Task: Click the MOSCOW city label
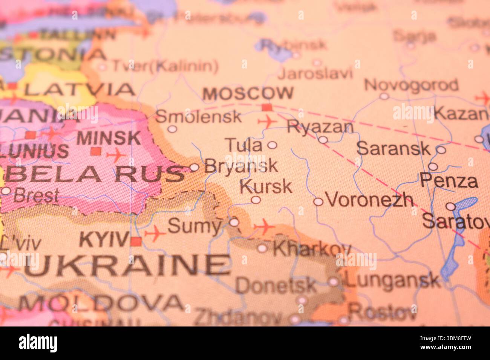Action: [248, 93]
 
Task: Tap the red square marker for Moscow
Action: [267, 107]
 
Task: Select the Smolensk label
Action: [199, 117]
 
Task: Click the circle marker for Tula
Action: [272, 145]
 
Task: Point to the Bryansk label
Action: [241, 166]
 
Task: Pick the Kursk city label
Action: [266, 186]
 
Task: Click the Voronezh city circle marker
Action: [318, 202]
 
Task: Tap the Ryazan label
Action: [320, 127]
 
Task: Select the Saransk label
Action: [393, 148]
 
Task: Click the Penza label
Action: [449, 181]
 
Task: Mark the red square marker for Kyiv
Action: [136, 241]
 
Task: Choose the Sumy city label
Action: [194, 226]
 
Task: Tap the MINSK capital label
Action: [109, 138]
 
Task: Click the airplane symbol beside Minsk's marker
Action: [116, 155]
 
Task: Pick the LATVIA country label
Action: [79, 89]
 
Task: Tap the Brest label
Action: [36, 196]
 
